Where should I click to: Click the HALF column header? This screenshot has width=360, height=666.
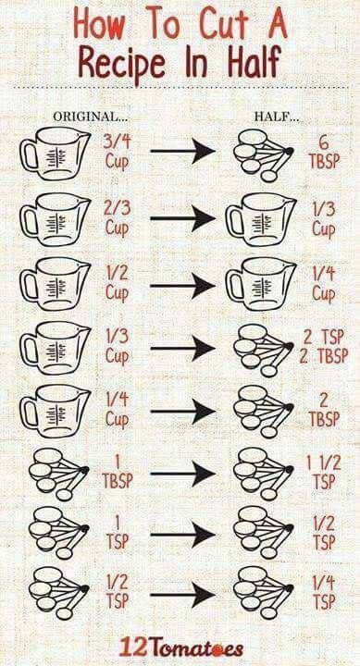[x=277, y=117]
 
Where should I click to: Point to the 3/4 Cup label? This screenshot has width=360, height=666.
[x=116, y=151]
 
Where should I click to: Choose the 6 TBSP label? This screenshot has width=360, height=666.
[x=324, y=152]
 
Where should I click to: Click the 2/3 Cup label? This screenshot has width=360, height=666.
[x=118, y=218]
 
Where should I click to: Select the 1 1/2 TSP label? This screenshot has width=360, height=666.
[x=324, y=473]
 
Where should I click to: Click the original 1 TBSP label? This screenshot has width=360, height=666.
[x=117, y=473]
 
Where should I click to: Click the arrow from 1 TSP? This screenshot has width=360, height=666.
[x=182, y=534]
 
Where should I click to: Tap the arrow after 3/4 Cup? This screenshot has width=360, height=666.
[x=182, y=151]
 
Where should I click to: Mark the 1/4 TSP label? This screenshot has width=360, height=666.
[x=324, y=593]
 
